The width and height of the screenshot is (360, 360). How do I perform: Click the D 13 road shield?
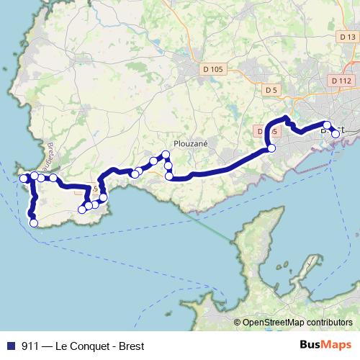(346, 37)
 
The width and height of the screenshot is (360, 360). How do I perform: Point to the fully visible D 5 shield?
(271, 90)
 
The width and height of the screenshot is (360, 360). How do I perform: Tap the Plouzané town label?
(192, 143)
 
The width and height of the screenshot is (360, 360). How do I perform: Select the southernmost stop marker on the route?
(33, 223)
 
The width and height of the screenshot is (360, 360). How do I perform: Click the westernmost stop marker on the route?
(23, 179)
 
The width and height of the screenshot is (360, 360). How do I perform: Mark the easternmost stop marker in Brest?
(336, 134)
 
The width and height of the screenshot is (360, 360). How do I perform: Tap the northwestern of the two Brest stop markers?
(327, 126)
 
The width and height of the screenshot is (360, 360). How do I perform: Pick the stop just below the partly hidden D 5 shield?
(271, 148)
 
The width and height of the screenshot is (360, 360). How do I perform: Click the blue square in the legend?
(10, 346)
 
